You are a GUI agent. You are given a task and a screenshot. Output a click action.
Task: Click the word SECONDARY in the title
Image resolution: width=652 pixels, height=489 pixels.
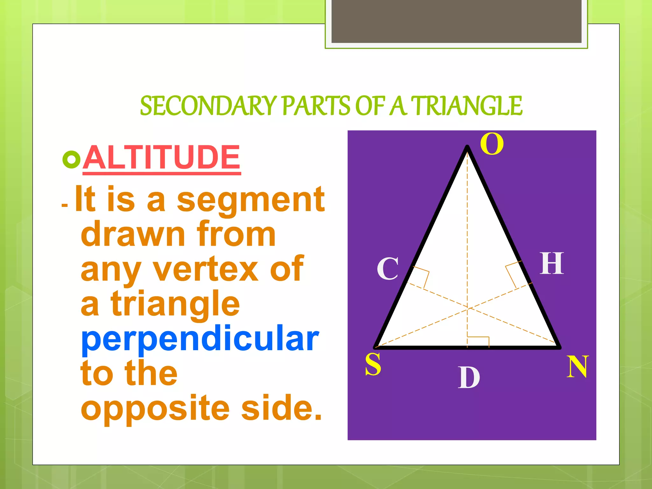click(x=209, y=106)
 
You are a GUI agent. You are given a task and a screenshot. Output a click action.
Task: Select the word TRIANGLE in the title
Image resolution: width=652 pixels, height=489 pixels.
click(x=467, y=106)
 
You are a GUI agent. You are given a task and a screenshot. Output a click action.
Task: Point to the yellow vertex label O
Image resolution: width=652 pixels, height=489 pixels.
click(x=492, y=144)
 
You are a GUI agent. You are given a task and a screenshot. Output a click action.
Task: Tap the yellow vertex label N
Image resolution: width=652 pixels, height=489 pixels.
click(x=577, y=367)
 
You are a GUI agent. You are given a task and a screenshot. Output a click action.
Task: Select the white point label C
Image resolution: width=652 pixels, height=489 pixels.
click(x=388, y=269)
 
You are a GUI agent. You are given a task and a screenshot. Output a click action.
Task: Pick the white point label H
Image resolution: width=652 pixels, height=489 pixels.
click(x=552, y=264)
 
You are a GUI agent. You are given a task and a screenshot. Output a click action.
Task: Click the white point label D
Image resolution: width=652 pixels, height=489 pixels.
click(x=469, y=378)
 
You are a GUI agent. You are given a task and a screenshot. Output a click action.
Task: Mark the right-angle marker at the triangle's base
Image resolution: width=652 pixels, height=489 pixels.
click(x=478, y=341)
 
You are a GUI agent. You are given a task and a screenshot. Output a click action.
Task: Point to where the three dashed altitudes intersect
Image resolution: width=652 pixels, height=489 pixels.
click(x=467, y=308)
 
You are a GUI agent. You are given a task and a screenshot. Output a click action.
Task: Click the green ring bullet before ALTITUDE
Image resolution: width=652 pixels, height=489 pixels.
click(x=72, y=159)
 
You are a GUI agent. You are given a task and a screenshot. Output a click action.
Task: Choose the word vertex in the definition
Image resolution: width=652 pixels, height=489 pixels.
click(x=206, y=269)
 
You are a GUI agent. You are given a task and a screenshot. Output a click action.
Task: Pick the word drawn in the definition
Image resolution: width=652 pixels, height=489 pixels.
click(x=133, y=235)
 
